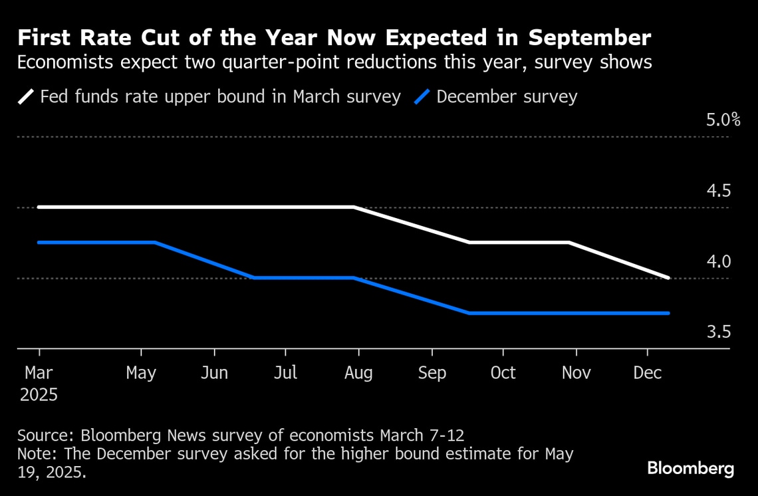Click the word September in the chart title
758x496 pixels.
[590, 37]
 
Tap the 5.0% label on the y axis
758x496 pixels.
[723, 120]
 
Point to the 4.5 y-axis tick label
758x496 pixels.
[718, 191]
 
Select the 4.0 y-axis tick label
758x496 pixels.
[718, 261]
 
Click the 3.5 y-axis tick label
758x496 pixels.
[718, 332]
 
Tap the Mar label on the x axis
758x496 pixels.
[39, 373]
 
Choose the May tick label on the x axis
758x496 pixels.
[141, 373]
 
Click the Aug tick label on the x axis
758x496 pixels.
[358, 373]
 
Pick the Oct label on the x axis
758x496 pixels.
[503, 373]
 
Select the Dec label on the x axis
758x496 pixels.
[647, 373]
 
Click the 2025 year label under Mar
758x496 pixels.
[39, 395]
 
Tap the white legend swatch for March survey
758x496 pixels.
[26, 97]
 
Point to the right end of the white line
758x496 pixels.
[668, 277]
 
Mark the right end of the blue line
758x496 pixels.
[668, 312]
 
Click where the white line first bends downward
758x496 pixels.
[354, 207]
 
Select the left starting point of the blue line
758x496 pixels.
[39, 243]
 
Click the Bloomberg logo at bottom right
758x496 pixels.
[691, 468]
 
